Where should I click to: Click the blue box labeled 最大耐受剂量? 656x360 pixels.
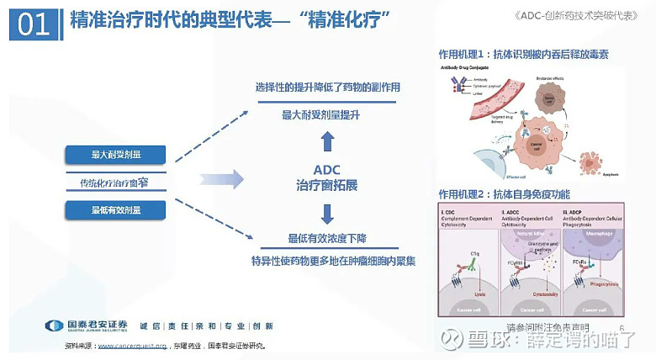tap(115, 155)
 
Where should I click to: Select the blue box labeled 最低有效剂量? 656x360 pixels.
tap(115, 209)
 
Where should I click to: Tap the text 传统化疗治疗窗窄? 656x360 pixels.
tap(115, 182)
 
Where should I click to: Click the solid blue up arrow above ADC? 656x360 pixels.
tap(327, 140)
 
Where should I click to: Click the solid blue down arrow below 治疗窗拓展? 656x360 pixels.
tap(327, 211)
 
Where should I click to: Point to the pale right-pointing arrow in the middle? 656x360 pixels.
tap(222, 178)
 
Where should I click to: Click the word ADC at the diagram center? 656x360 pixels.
tap(327, 168)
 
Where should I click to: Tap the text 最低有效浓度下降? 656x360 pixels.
tap(327, 238)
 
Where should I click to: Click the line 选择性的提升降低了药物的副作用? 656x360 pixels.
tap(327, 87)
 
